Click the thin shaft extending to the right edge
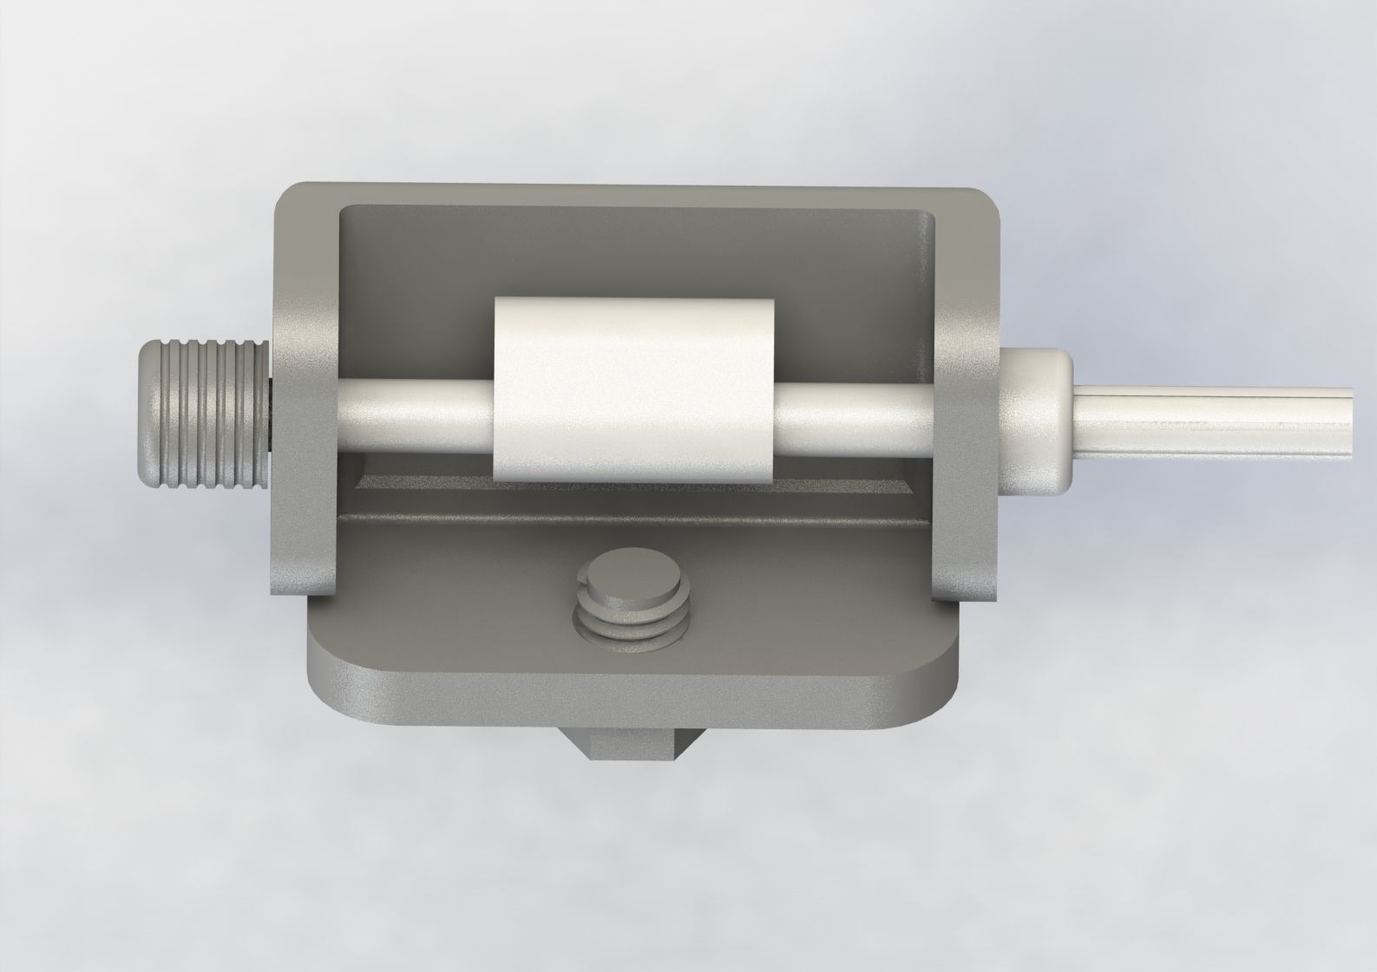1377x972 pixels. pyautogui.click(x=1215, y=420)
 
